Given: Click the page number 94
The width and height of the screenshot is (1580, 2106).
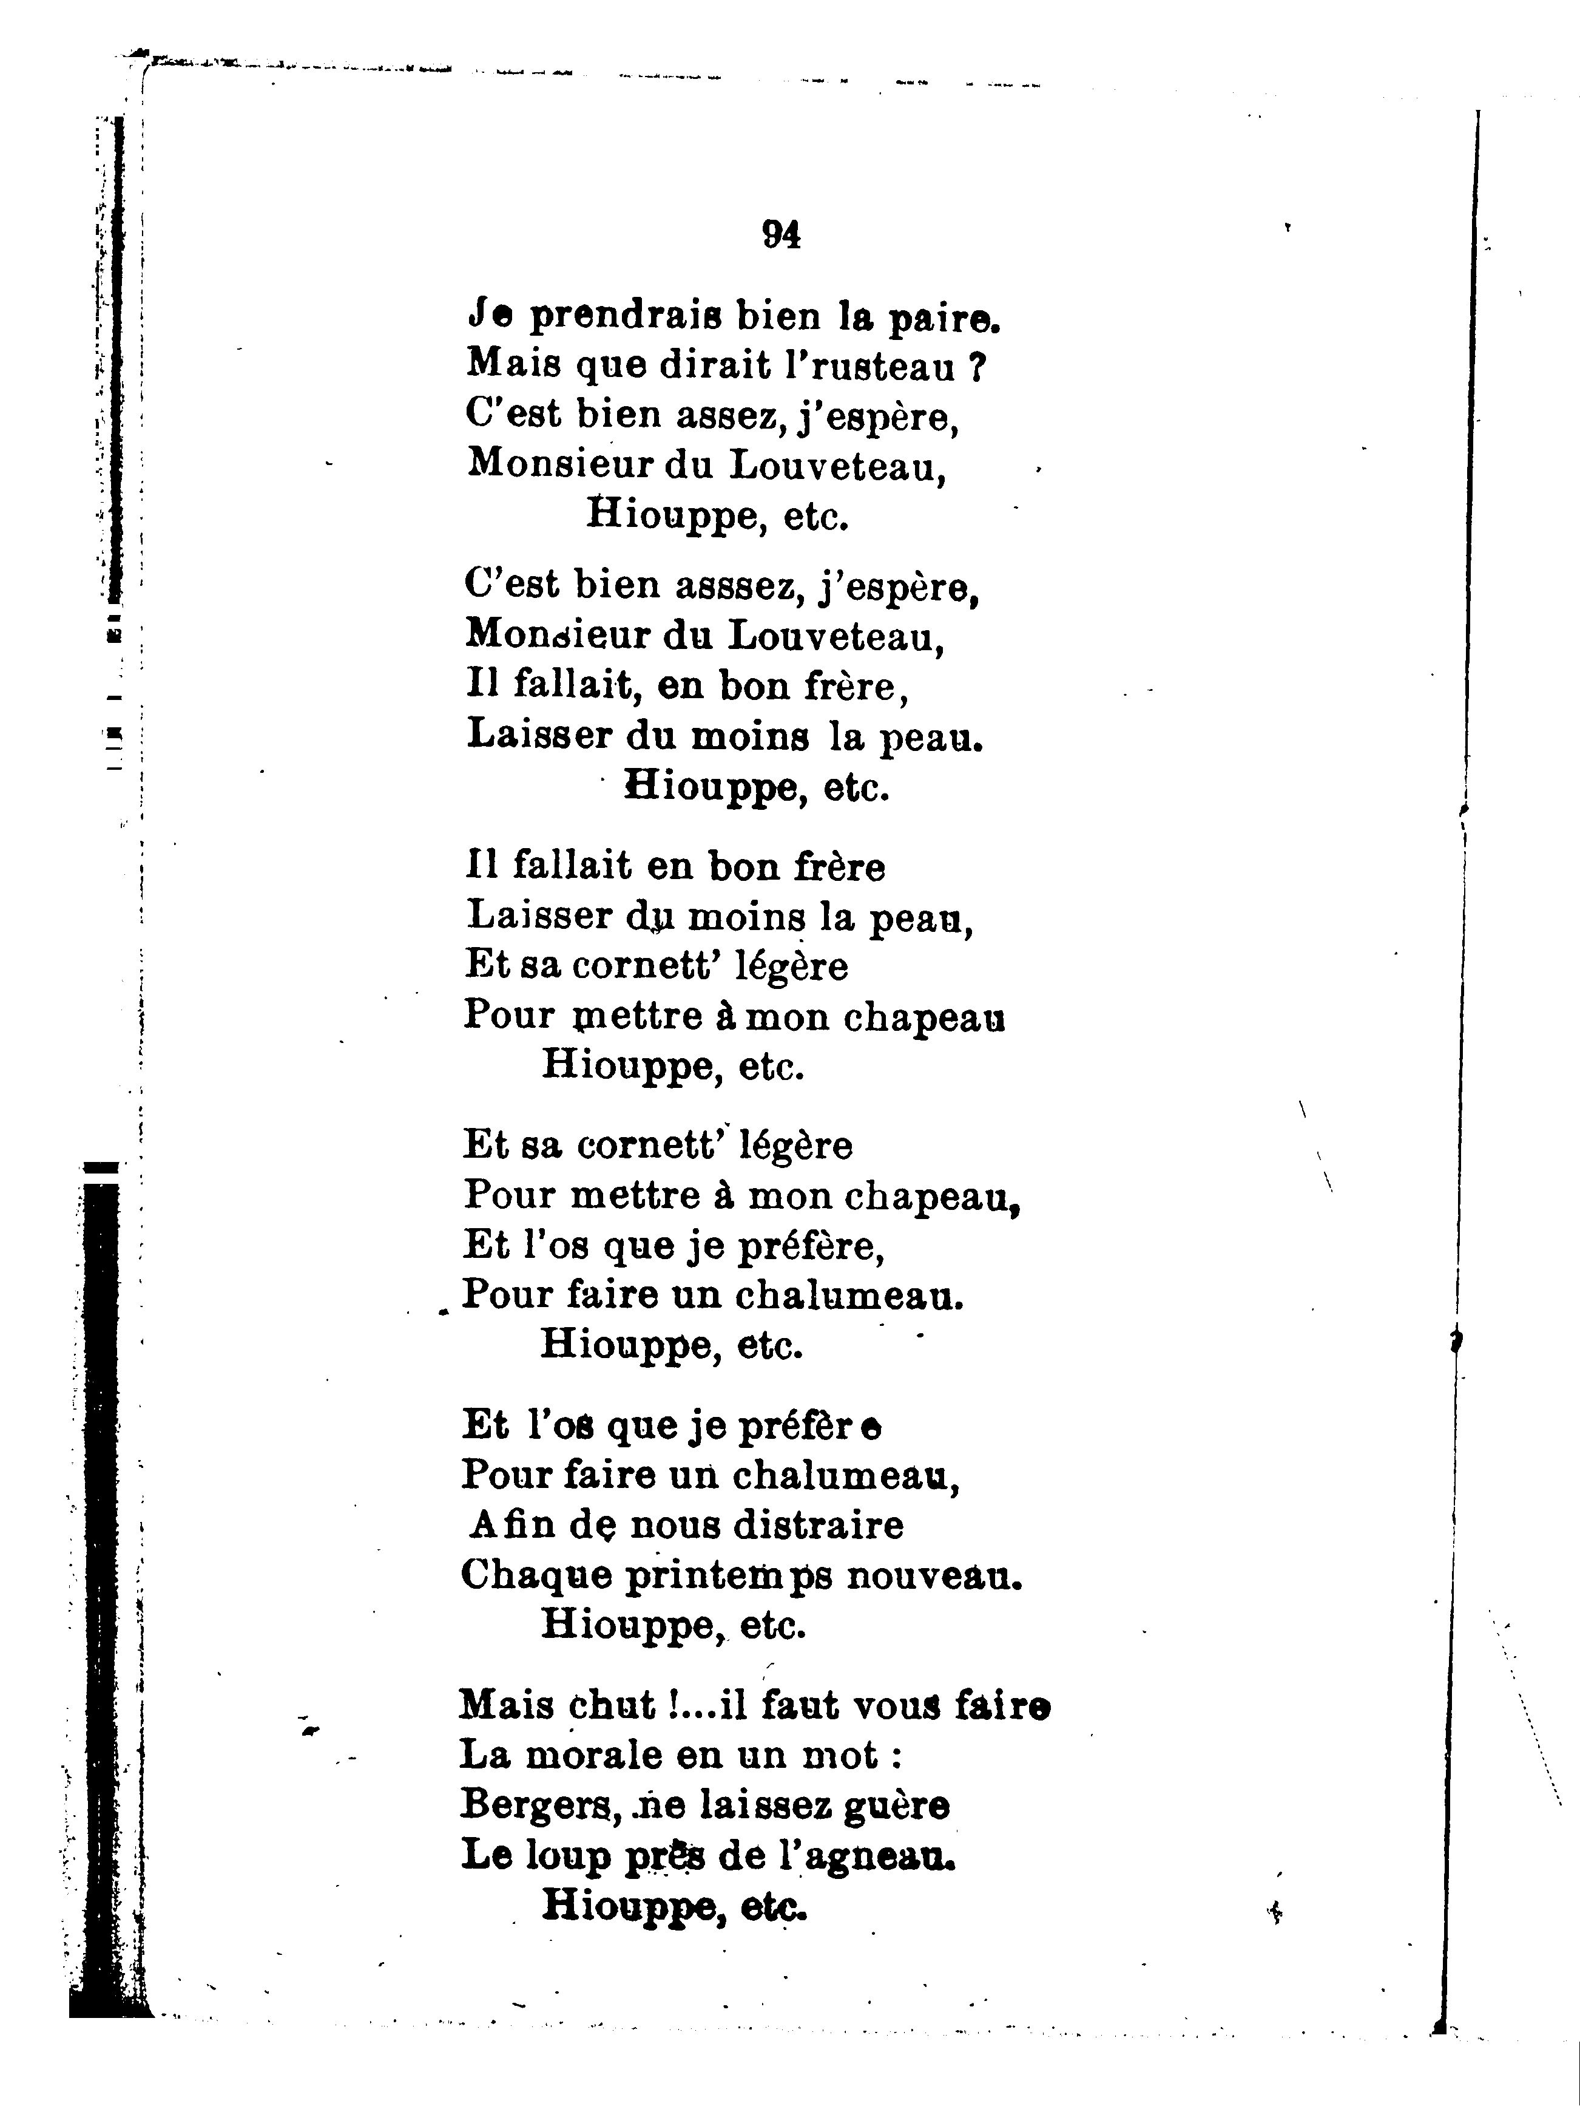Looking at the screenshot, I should (x=780, y=234).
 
